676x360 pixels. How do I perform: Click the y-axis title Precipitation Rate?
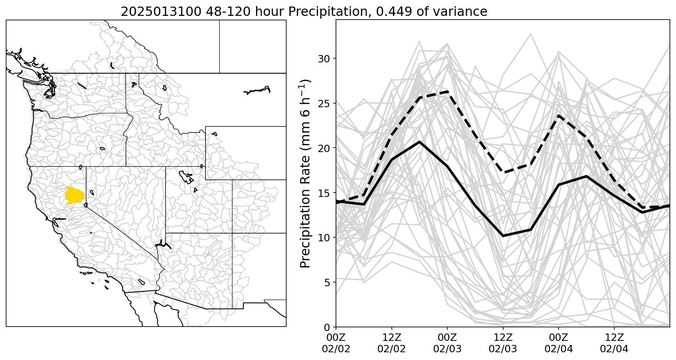pos(306,173)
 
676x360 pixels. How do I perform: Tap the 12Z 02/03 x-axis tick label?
pos(503,344)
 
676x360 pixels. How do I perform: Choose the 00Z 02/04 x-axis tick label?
pos(559,344)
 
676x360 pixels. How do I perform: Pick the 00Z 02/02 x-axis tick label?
pos(336,344)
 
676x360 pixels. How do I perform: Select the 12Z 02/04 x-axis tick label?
pos(614,344)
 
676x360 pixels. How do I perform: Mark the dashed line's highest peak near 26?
pos(447,92)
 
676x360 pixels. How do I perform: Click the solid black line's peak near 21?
pos(420,142)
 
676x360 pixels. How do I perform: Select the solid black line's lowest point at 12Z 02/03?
pos(503,236)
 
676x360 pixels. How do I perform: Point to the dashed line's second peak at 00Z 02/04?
pos(559,116)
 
